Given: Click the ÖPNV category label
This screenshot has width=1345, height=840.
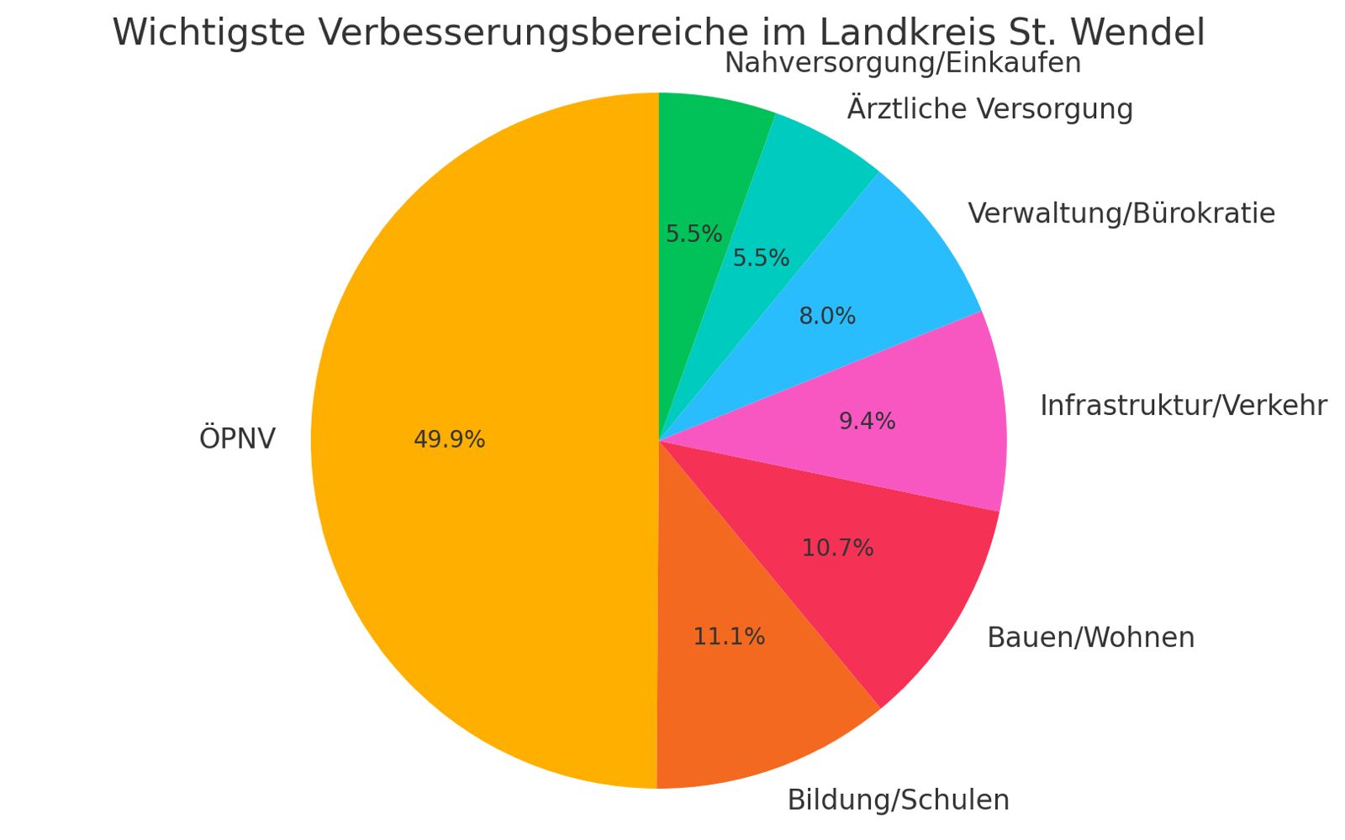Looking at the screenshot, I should pyautogui.click(x=237, y=439).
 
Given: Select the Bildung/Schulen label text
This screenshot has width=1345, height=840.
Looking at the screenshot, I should pyautogui.click(x=898, y=801).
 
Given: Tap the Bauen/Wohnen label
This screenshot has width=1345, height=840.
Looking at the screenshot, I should pyautogui.click(x=1090, y=638).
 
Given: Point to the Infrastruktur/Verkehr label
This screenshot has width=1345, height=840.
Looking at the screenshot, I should pyautogui.click(x=1183, y=406).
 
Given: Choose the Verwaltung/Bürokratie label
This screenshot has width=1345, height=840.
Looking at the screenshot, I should pyautogui.click(x=1121, y=213).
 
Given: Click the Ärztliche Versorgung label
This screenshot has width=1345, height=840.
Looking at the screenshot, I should pyautogui.click(x=989, y=109).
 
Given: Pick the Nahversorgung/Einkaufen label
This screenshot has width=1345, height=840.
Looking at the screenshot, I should pyautogui.click(x=902, y=63).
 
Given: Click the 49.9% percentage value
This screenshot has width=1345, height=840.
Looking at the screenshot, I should pyautogui.click(x=449, y=439).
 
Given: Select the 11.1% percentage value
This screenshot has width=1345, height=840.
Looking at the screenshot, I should pyautogui.click(x=729, y=637).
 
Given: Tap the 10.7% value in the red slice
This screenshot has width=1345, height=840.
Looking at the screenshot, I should pyautogui.click(x=837, y=549).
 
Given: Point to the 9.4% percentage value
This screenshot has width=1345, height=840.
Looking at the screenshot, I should pyautogui.click(x=867, y=421).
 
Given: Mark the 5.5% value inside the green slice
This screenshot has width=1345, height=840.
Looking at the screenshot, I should pyautogui.click(x=694, y=234).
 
